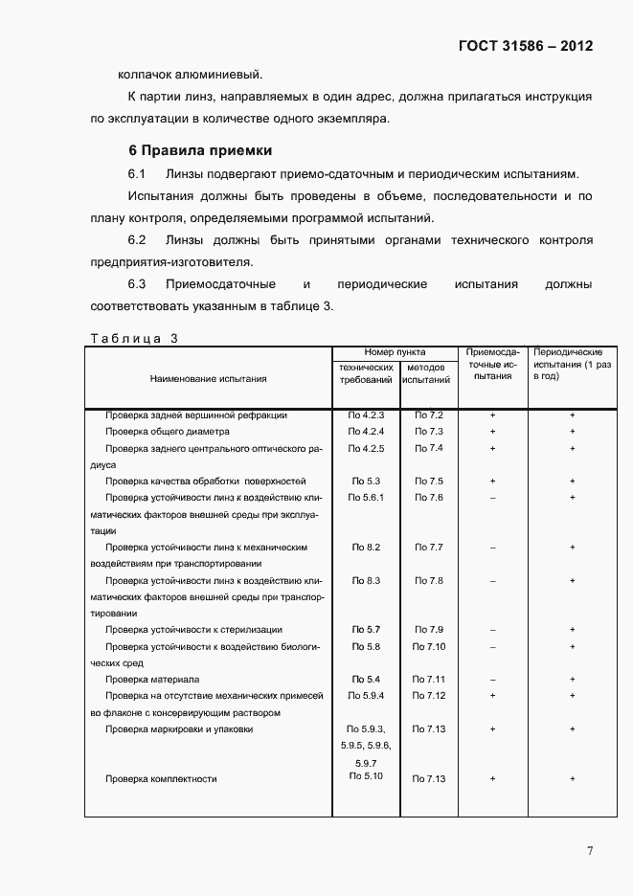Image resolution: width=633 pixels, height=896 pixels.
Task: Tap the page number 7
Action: pos(590,851)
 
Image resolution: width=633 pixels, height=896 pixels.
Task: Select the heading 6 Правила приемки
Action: pos(200,150)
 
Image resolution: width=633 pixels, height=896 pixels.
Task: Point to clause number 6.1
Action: pos(136,174)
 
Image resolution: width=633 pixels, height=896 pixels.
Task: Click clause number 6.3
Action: pos(136,284)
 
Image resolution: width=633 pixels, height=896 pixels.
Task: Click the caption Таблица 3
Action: pos(133,337)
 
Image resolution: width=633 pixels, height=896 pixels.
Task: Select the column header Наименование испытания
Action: pos(208,378)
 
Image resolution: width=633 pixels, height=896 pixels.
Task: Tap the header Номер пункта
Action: pos(395,352)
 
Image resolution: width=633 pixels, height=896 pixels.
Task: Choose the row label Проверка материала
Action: pos(152,680)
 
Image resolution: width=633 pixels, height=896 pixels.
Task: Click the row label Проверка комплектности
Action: pos(161,779)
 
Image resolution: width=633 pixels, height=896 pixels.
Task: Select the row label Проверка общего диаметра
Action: pos(168,432)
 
